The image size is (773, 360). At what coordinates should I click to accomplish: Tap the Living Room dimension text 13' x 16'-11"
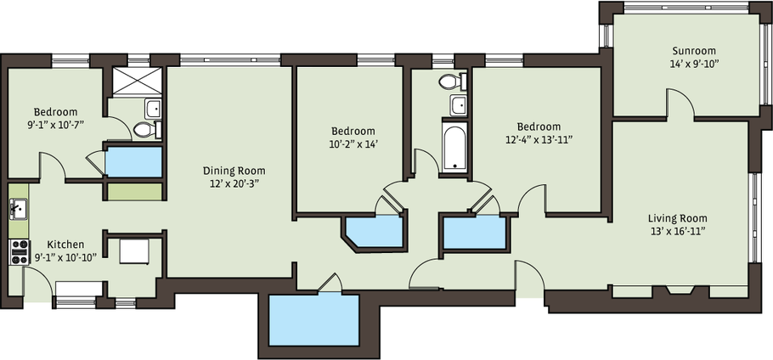coord(677,231)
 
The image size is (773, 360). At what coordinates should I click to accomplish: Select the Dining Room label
coord(234,171)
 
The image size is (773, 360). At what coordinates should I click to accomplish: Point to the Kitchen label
coord(65,245)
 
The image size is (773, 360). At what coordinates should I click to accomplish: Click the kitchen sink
coord(19,209)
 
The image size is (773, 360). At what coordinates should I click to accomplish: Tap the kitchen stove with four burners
coord(20,252)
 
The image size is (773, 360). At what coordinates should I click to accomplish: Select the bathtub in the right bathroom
coord(454,146)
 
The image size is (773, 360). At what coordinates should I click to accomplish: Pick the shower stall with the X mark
coord(137,82)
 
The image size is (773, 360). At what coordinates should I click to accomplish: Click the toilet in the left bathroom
coord(146,130)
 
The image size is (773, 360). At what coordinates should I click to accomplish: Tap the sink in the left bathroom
coord(153,108)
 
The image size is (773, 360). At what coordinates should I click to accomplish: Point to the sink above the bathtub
coord(458,105)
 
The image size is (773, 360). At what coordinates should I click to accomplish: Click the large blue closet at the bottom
coord(314,320)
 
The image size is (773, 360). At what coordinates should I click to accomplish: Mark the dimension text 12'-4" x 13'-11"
coord(539,139)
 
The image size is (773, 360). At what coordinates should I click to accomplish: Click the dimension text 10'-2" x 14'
coord(353,143)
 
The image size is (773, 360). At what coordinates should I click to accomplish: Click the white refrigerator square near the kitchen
coord(134,251)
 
